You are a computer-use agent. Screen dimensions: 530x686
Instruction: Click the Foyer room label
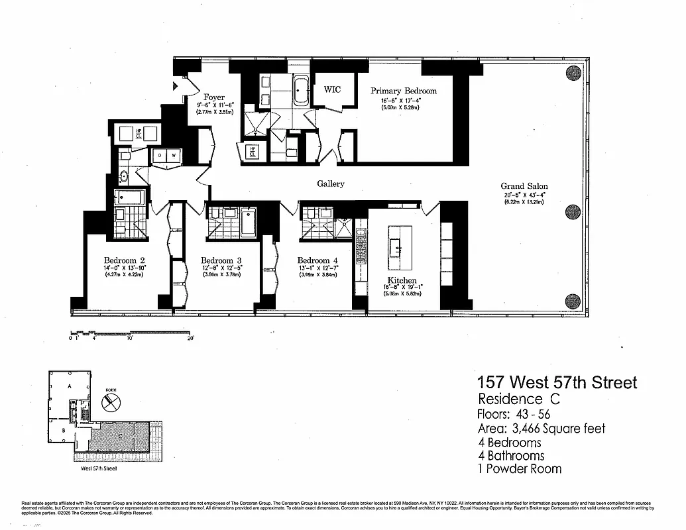click(213, 97)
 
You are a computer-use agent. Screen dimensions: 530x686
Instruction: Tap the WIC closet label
click(332, 89)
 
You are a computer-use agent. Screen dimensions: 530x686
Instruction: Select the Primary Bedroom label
click(403, 91)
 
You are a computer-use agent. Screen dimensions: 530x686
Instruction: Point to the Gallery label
click(330, 184)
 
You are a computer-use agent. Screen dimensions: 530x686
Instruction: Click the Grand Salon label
click(524, 186)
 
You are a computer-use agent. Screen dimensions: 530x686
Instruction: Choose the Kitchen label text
click(402, 281)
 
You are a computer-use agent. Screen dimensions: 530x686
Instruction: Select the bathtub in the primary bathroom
click(301, 90)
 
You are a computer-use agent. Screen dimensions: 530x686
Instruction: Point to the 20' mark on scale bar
click(190, 338)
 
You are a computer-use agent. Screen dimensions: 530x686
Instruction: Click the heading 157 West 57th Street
click(557, 382)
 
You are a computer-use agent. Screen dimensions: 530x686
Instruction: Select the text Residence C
click(518, 399)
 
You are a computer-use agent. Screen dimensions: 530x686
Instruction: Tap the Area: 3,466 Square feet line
click(541, 429)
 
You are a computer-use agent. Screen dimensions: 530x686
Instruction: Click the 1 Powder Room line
click(519, 469)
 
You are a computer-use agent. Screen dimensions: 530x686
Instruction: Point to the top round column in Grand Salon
click(573, 73)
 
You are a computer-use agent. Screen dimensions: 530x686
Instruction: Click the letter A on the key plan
click(70, 386)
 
